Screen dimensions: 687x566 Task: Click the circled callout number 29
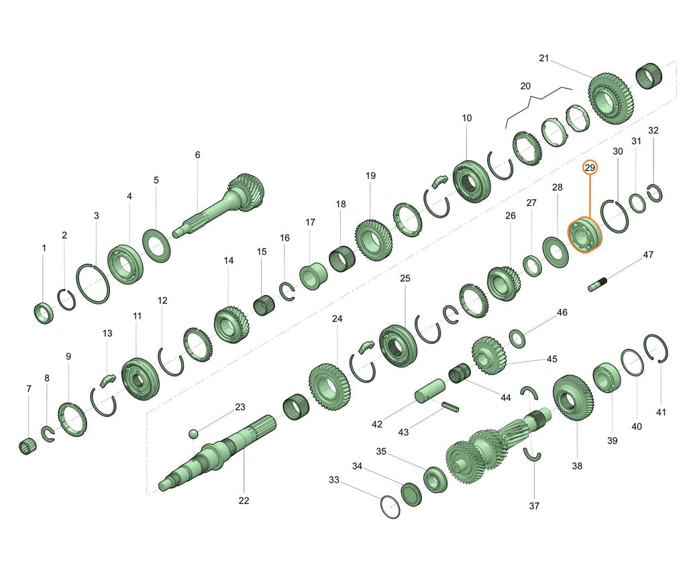tap(590, 168)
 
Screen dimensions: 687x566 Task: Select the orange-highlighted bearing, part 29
tap(585, 235)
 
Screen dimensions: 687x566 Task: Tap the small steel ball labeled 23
tap(193, 434)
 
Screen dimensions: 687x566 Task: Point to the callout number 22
tap(244, 500)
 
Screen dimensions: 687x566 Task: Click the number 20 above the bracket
tap(525, 87)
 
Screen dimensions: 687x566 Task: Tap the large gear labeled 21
tap(611, 99)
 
